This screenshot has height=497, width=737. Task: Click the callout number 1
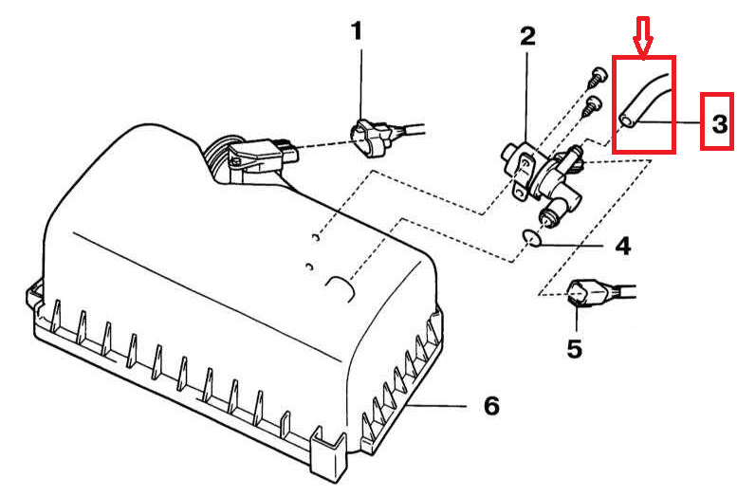click(358, 31)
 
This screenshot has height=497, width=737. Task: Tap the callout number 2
click(527, 36)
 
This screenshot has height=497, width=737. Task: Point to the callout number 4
click(623, 246)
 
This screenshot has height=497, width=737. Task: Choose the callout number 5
click(575, 348)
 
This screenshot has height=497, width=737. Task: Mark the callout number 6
click(491, 405)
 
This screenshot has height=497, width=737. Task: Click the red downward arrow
click(642, 36)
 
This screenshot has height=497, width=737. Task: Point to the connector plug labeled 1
click(385, 136)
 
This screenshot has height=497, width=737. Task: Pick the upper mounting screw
click(596, 76)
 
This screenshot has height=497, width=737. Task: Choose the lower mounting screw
click(591, 107)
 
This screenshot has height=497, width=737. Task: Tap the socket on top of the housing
click(264, 152)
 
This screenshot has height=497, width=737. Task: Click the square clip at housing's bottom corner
click(327, 450)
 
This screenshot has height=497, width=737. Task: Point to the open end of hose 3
click(627, 120)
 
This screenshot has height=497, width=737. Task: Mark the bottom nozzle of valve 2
click(549, 214)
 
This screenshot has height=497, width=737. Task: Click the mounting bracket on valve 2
click(524, 179)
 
